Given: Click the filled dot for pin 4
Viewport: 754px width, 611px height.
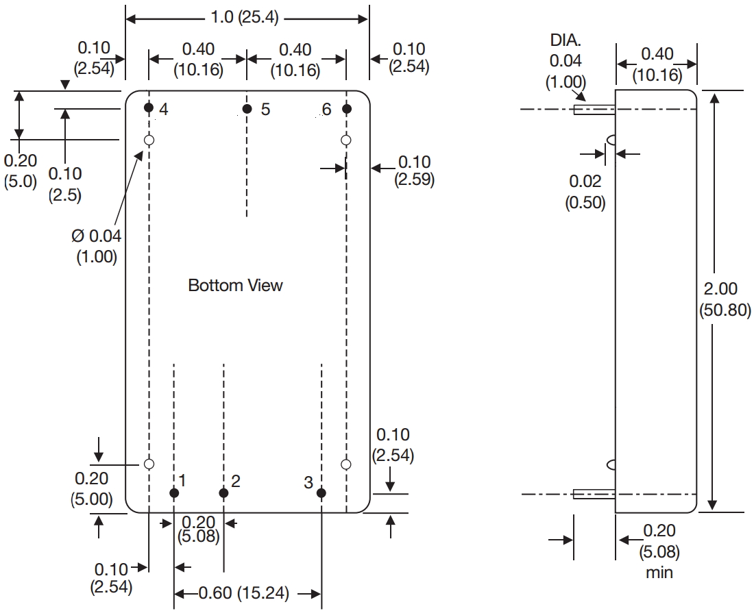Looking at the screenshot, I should pos(148,108).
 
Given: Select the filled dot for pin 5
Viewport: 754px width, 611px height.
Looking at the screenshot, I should pos(247,109).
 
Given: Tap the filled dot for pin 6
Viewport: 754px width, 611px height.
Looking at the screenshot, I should pos(346,109).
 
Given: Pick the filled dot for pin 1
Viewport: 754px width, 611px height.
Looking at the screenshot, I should pos(174,492).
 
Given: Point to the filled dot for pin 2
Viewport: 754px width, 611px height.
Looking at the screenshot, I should pos(223,492).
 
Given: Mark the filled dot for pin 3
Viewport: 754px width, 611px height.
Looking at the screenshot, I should pos(321,492).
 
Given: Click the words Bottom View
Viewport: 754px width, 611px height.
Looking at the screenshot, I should pos(235,285).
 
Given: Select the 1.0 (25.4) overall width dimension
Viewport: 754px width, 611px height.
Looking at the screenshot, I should pos(245,18).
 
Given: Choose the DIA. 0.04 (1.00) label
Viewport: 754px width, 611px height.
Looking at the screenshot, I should pos(565,61).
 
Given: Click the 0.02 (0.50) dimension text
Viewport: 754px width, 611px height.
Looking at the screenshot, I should pos(585,192).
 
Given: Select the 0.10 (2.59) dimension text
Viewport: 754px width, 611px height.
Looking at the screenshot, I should pos(414,171).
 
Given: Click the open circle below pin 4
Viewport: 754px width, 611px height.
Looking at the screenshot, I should pos(149,140).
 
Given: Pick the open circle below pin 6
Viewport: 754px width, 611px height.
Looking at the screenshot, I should pos(346,140).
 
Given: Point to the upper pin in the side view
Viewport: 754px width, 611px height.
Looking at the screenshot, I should pos(594,109).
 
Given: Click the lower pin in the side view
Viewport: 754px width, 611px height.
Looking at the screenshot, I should pos(594,493).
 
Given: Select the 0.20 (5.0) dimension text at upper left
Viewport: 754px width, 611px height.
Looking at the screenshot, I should pos(20,171).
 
